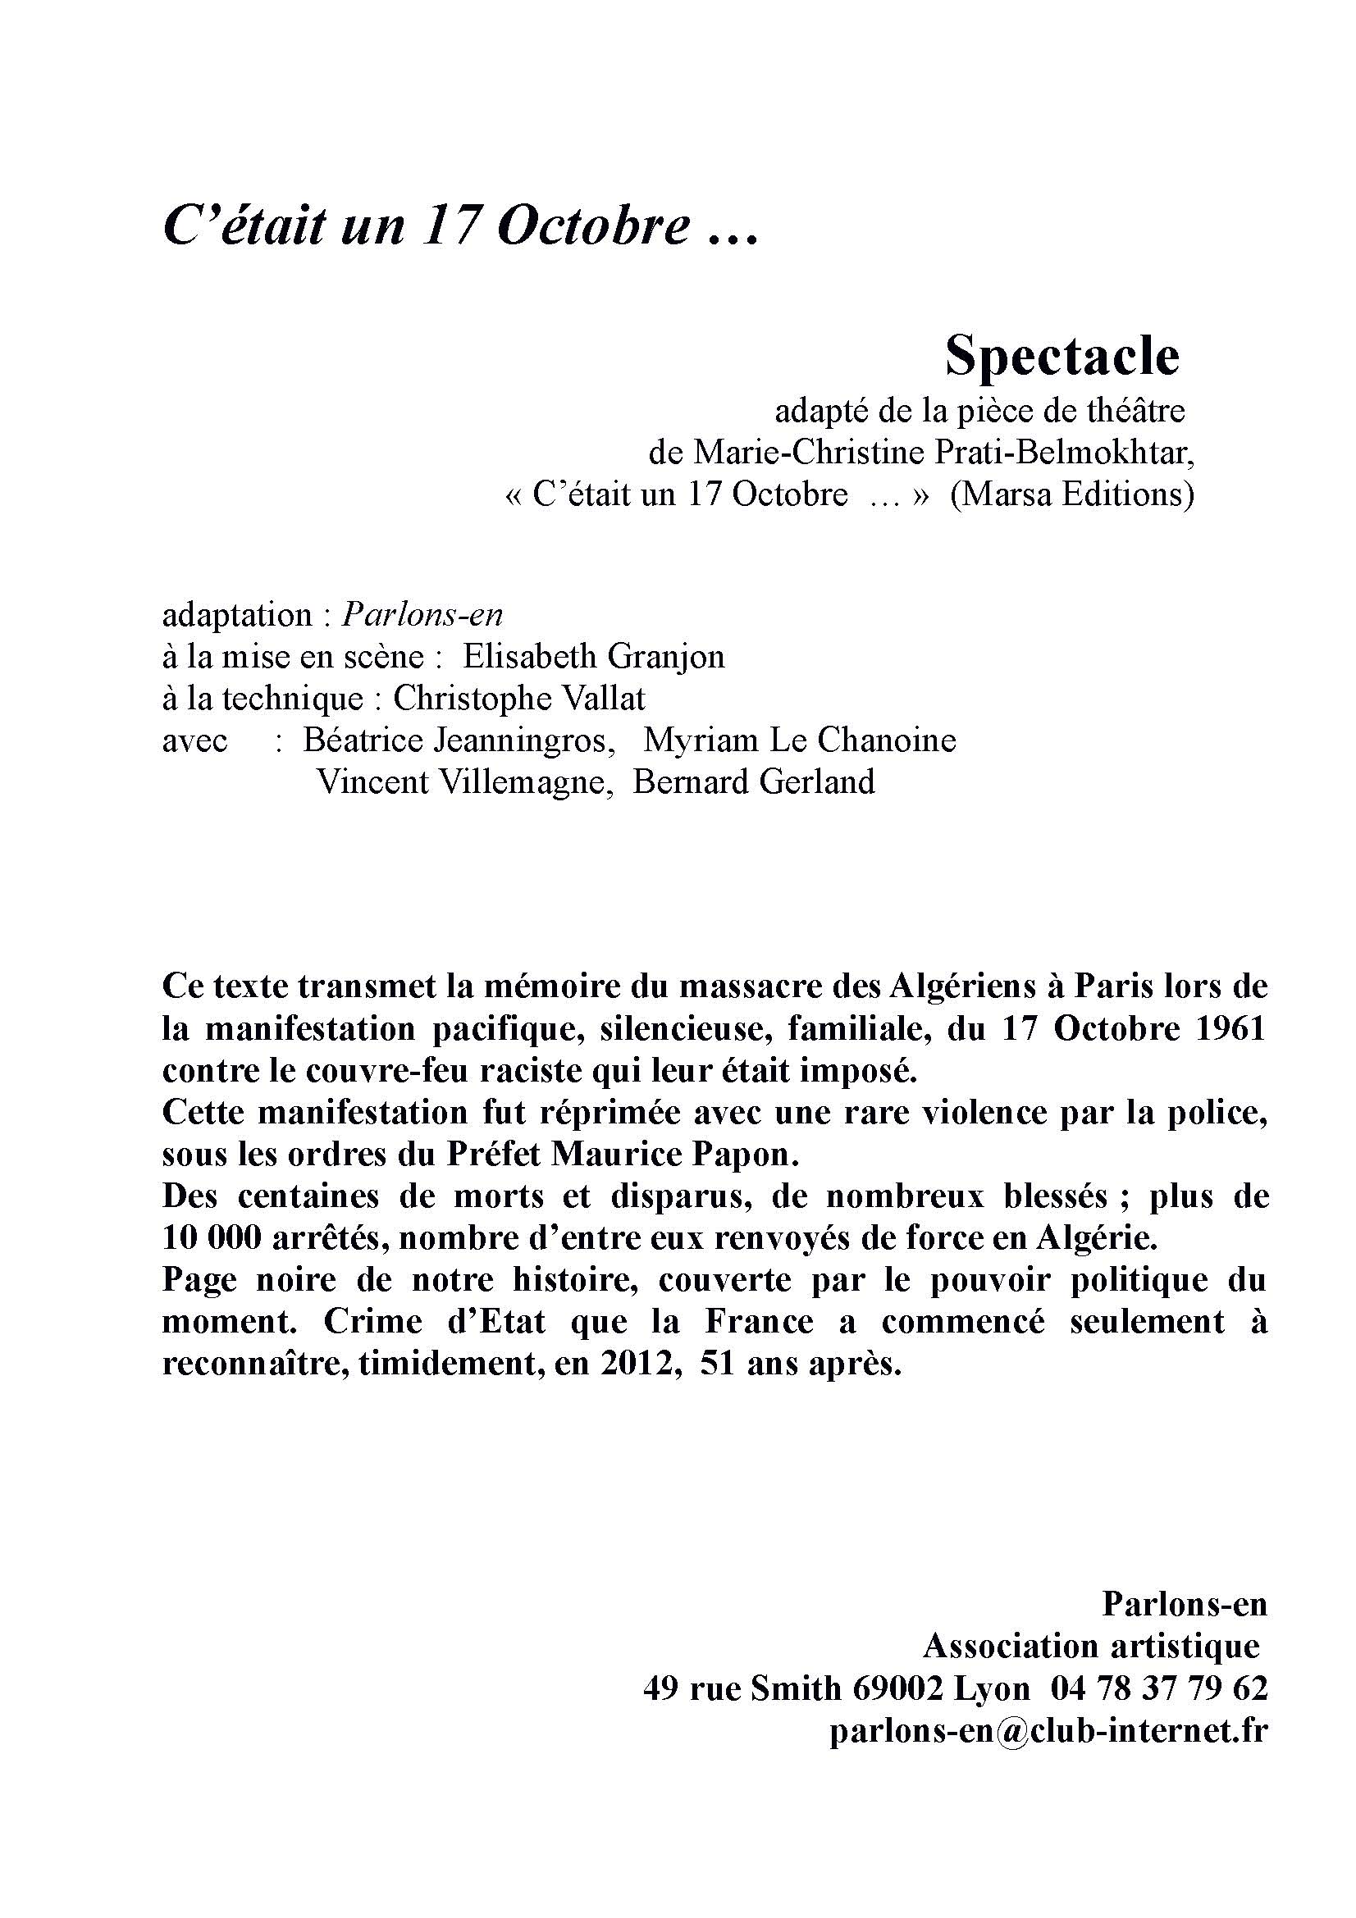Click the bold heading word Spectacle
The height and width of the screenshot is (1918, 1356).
pyautogui.click(x=1061, y=356)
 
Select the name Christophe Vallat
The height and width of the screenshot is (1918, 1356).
pyautogui.click(x=518, y=699)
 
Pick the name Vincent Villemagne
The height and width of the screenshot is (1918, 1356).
pyautogui.click(x=461, y=782)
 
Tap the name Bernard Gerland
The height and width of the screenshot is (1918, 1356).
pyautogui.click(x=754, y=782)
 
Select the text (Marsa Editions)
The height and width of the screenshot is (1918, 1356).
pyautogui.click(x=1072, y=494)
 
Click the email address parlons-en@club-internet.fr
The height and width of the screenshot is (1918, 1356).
pyautogui.click(x=1048, y=1730)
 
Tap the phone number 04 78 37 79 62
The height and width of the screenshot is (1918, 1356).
pyautogui.click(x=1160, y=1688)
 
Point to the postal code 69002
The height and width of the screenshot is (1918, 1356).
pyautogui.click(x=898, y=1688)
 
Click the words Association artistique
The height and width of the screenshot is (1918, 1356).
pyautogui.click(x=1091, y=1647)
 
